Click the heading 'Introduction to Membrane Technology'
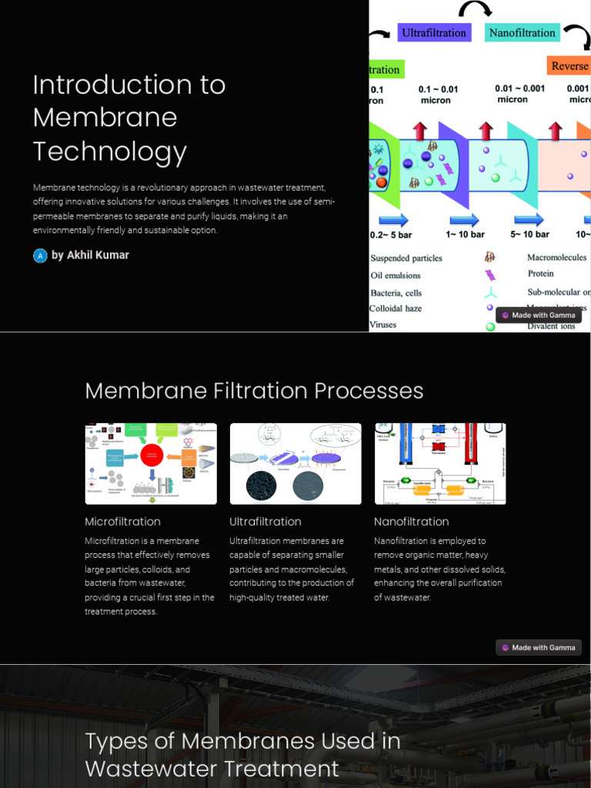click(x=129, y=118)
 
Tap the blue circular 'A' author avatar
click(x=40, y=255)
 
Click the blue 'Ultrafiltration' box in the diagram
click(x=434, y=32)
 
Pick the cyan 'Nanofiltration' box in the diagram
click(x=522, y=32)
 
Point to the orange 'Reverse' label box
click(x=569, y=66)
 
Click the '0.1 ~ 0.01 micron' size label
click(x=437, y=95)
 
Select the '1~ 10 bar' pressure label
click(x=465, y=234)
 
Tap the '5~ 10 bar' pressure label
click(x=530, y=234)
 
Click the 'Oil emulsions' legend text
click(x=396, y=275)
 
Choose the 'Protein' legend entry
click(x=540, y=274)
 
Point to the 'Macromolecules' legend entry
click(x=556, y=258)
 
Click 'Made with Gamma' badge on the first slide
click(x=538, y=316)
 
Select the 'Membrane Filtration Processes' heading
click(x=254, y=391)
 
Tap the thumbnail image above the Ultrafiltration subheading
click(x=295, y=463)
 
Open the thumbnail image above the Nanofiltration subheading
click(x=440, y=463)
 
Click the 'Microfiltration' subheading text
click(x=122, y=522)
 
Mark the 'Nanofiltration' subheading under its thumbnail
click(x=411, y=522)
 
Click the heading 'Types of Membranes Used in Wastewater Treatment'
click(x=242, y=755)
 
